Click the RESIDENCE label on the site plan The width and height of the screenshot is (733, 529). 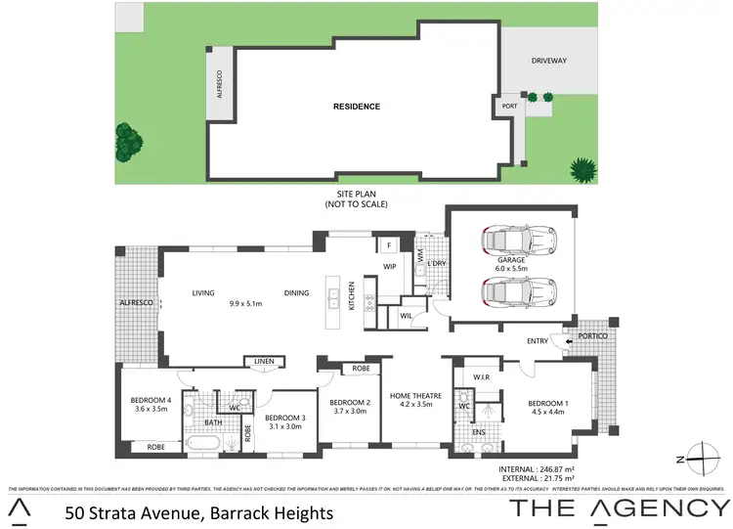(x=356, y=107)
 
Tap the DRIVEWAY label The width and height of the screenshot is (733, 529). (x=549, y=61)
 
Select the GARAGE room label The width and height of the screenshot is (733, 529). (x=511, y=261)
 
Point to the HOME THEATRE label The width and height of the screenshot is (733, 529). (x=416, y=396)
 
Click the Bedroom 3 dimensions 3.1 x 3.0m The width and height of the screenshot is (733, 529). (x=285, y=425)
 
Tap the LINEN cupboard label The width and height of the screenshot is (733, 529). (x=263, y=362)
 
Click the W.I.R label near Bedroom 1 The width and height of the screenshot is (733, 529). (x=480, y=376)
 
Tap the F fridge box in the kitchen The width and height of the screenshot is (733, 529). (x=388, y=244)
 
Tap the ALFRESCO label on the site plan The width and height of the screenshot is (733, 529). (x=220, y=84)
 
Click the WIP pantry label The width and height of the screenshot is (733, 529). (x=389, y=266)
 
